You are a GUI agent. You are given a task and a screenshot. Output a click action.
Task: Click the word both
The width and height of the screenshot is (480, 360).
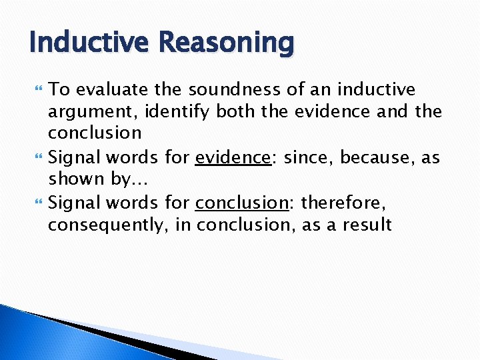tap(236, 111)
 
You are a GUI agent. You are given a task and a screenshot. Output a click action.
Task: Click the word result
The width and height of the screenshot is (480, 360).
tap(366, 224)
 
